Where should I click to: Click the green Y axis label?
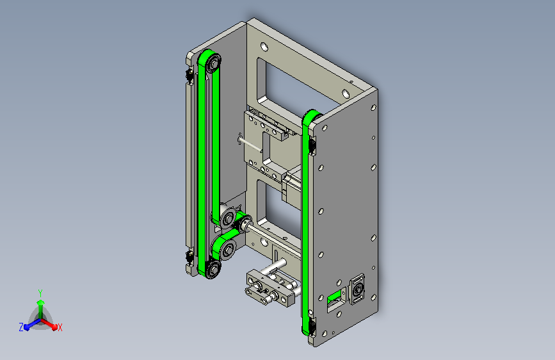point(40,293)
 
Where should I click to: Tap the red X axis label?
point(60,328)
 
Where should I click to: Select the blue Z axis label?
point(21,327)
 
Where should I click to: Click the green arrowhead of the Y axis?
point(41,302)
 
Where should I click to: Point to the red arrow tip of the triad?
point(54,327)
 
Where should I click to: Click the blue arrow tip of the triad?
point(26,327)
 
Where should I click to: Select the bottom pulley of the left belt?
point(213,269)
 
